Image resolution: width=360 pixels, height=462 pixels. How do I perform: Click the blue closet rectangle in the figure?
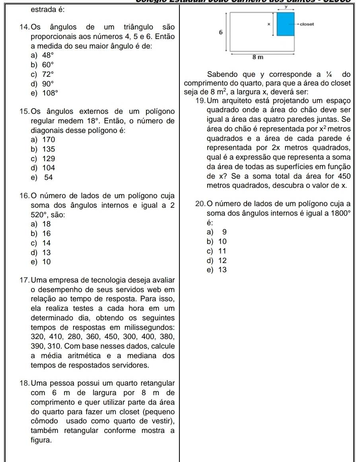point(285,25)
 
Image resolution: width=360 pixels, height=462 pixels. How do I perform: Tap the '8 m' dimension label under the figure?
point(258,58)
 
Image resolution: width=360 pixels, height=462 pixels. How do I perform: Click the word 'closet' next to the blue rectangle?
point(307,24)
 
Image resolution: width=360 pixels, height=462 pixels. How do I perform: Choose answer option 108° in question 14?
point(49,93)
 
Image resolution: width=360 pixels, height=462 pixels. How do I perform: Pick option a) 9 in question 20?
point(222,232)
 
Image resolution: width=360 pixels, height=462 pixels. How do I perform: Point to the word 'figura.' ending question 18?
point(40,441)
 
